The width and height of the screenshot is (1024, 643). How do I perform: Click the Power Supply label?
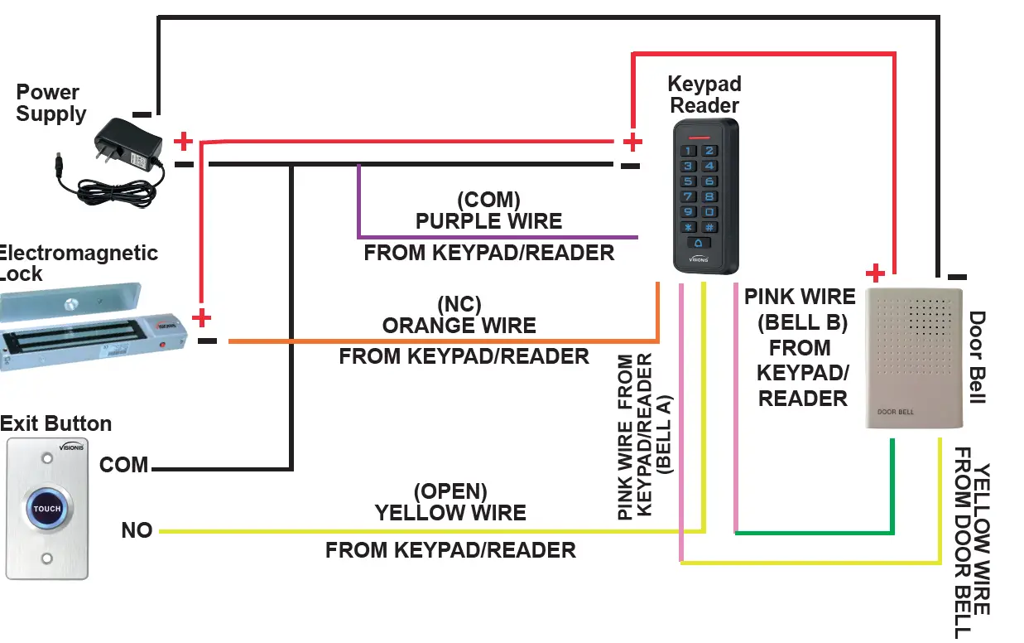pos(50,103)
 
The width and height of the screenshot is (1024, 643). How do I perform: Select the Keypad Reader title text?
pos(704,94)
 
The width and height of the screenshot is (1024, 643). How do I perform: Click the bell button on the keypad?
pos(699,243)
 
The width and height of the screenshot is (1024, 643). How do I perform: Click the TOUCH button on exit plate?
pos(47,509)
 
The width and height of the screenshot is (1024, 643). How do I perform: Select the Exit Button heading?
pos(55,423)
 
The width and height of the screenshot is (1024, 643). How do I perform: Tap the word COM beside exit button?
pos(123,465)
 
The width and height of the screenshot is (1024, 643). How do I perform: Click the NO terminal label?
pos(137,530)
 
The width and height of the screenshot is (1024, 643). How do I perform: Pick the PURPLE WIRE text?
pos(488,221)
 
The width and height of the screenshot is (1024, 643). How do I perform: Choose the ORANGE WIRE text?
pos(459,326)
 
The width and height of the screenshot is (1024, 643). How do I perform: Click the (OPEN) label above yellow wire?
pos(450,491)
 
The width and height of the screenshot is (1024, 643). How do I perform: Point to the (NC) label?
pos(459,304)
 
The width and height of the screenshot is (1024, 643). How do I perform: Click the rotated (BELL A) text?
pos(666,434)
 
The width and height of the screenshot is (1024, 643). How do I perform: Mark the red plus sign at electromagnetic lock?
pos(201,318)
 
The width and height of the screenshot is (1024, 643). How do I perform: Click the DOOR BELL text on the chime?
pos(897,412)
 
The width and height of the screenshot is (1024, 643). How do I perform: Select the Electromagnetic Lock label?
pos(79,263)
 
